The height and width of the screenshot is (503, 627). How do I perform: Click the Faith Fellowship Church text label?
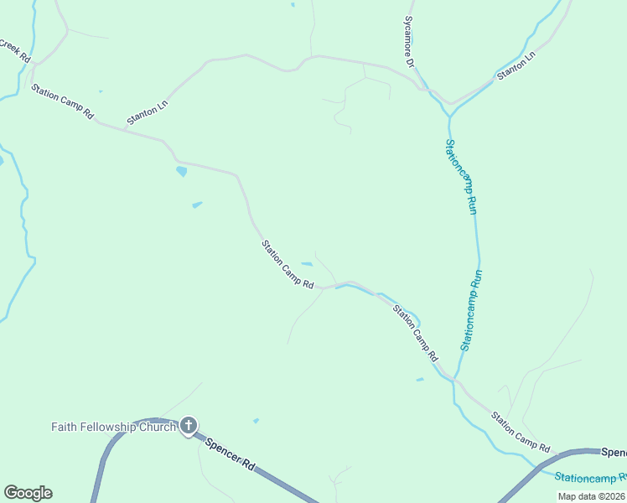point(113,427)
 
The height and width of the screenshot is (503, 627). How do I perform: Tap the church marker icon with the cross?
point(189,426)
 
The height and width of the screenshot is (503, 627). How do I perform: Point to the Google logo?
point(28,493)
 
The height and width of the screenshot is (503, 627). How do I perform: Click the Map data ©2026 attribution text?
point(591,496)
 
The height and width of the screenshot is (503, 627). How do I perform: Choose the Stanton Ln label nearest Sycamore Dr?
point(516,67)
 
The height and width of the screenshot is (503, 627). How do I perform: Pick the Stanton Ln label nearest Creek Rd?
point(148,112)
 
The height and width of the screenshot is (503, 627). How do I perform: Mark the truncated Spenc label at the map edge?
point(614,453)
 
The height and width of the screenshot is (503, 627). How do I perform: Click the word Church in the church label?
point(157,427)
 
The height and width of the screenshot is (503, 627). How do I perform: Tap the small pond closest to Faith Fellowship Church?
point(256,420)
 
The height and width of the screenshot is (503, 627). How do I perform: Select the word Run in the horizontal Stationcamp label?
point(621,479)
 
